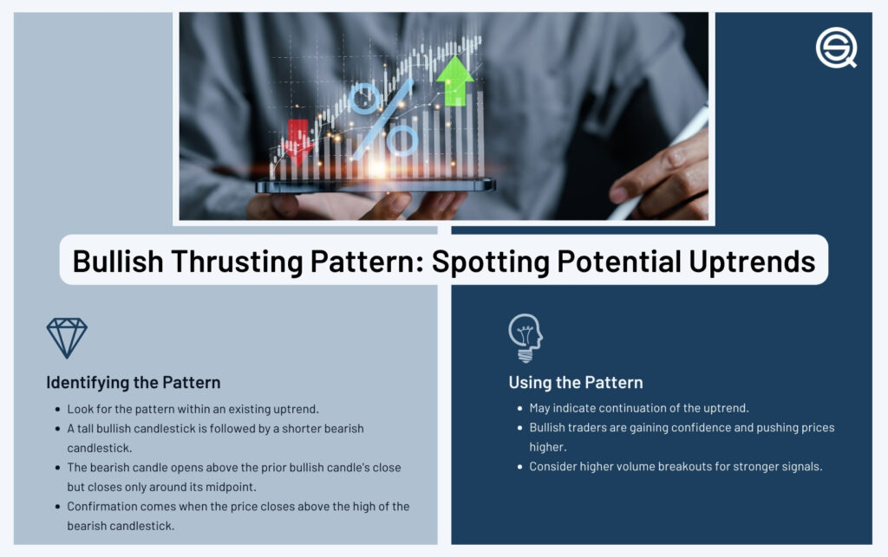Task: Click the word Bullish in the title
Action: [x=118, y=262]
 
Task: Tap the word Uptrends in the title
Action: [x=752, y=262]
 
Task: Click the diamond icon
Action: [x=67, y=338]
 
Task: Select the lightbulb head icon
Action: [x=525, y=338]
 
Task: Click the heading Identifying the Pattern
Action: [x=133, y=383]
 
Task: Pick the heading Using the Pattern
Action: [x=576, y=383]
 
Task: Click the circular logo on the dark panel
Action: [x=836, y=48]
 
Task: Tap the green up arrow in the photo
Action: [x=454, y=81]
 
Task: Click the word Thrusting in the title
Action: [x=236, y=262]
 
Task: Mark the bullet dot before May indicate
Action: [x=520, y=408]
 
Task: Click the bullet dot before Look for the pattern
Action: [x=58, y=410]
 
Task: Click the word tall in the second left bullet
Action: [x=85, y=429]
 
